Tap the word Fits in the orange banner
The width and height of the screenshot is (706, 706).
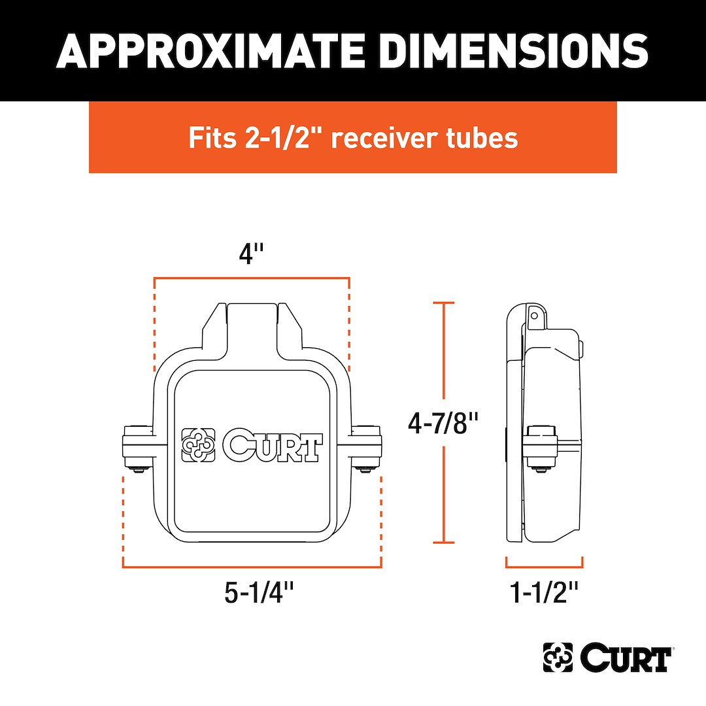[x=212, y=137]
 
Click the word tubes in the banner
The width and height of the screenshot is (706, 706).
[x=482, y=137]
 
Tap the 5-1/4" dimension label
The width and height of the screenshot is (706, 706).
[x=260, y=592]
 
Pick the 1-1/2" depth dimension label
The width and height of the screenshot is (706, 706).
[x=543, y=592]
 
